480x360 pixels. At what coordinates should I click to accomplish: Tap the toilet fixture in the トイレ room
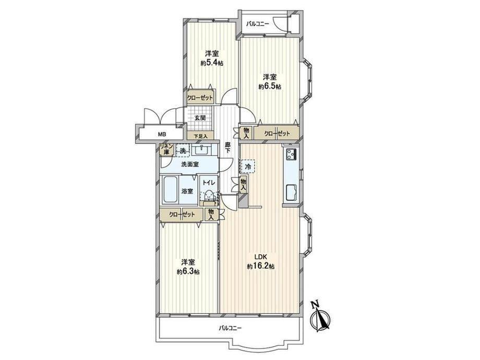click(209, 196)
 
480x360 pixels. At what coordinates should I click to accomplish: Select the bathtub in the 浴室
click(170, 190)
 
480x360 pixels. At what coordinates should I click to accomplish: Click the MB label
click(161, 134)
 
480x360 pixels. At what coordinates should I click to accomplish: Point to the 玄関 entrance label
click(200, 117)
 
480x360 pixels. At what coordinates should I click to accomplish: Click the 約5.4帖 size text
click(212, 63)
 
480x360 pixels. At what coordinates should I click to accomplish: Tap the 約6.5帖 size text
click(270, 87)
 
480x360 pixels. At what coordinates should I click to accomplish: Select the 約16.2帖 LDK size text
click(260, 266)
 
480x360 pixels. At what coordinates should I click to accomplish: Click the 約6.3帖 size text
click(188, 271)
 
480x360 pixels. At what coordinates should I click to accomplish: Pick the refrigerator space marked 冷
click(248, 167)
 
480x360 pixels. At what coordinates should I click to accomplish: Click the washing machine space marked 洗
click(183, 151)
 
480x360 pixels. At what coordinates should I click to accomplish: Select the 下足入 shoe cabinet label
click(201, 136)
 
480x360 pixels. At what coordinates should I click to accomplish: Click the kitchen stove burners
click(291, 153)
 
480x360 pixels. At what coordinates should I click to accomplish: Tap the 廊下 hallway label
click(227, 148)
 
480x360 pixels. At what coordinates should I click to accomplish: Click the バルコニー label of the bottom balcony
click(230, 328)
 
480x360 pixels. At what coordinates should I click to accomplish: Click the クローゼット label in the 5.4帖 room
click(200, 98)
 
